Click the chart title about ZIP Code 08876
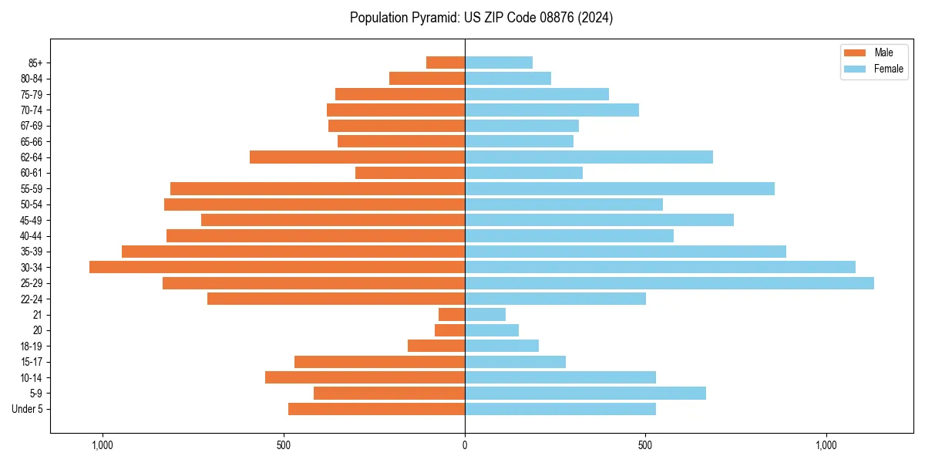coord(481,18)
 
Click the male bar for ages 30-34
coord(277,267)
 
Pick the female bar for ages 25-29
coord(669,283)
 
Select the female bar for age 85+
coord(499,63)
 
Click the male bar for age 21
coord(452,314)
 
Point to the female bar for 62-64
coord(589,157)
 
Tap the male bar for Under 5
coord(376,409)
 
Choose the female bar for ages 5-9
coord(585,393)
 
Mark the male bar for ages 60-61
coord(410,173)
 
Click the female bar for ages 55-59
coord(620,188)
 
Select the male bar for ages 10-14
coord(365,377)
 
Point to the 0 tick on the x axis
coord(465,445)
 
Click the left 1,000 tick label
coord(103,445)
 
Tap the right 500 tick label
coord(646,445)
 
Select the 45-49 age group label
coord(32,220)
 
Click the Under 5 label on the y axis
coord(27,409)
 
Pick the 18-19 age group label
coord(32,346)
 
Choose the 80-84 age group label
coord(32,79)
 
